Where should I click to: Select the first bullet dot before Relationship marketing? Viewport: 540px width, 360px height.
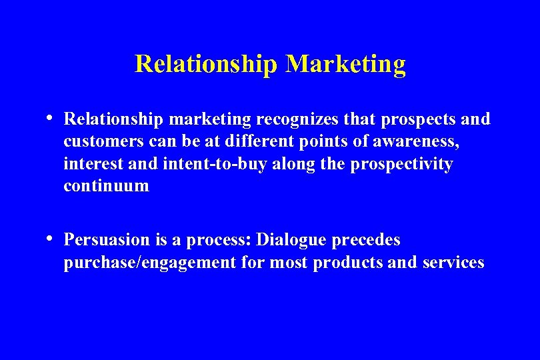51,118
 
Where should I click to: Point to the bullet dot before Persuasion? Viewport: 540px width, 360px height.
51,238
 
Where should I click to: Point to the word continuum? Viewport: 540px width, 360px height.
107,186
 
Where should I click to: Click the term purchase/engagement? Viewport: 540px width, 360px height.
150,263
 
